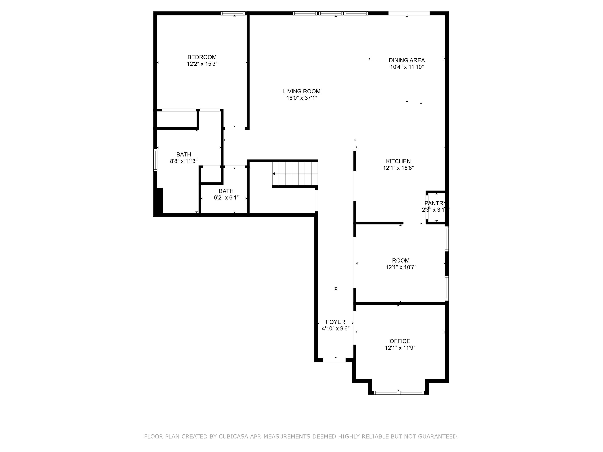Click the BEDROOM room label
202,57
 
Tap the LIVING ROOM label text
301,91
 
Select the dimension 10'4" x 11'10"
407,67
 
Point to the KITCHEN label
398,161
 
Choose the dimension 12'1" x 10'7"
401,267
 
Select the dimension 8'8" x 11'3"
184,161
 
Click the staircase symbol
295,174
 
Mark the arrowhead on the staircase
274,174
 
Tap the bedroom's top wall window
233,13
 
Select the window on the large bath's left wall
155,160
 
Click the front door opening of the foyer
334,360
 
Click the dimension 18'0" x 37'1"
301,98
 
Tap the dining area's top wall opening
409,13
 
